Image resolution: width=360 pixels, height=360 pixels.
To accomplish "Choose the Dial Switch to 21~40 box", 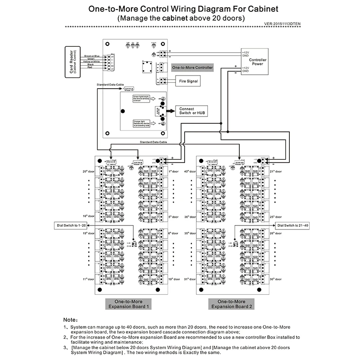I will click(293, 225).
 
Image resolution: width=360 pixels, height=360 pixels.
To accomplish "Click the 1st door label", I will click(174, 171).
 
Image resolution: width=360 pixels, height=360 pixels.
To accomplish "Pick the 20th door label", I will click(88, 171).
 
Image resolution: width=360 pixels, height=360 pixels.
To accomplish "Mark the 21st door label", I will click(276, 171).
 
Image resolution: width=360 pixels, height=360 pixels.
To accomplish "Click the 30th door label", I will click(276, 279).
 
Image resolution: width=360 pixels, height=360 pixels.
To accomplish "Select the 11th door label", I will click(88, 279).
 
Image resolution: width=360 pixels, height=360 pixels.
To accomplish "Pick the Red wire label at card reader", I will click(90, 67).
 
